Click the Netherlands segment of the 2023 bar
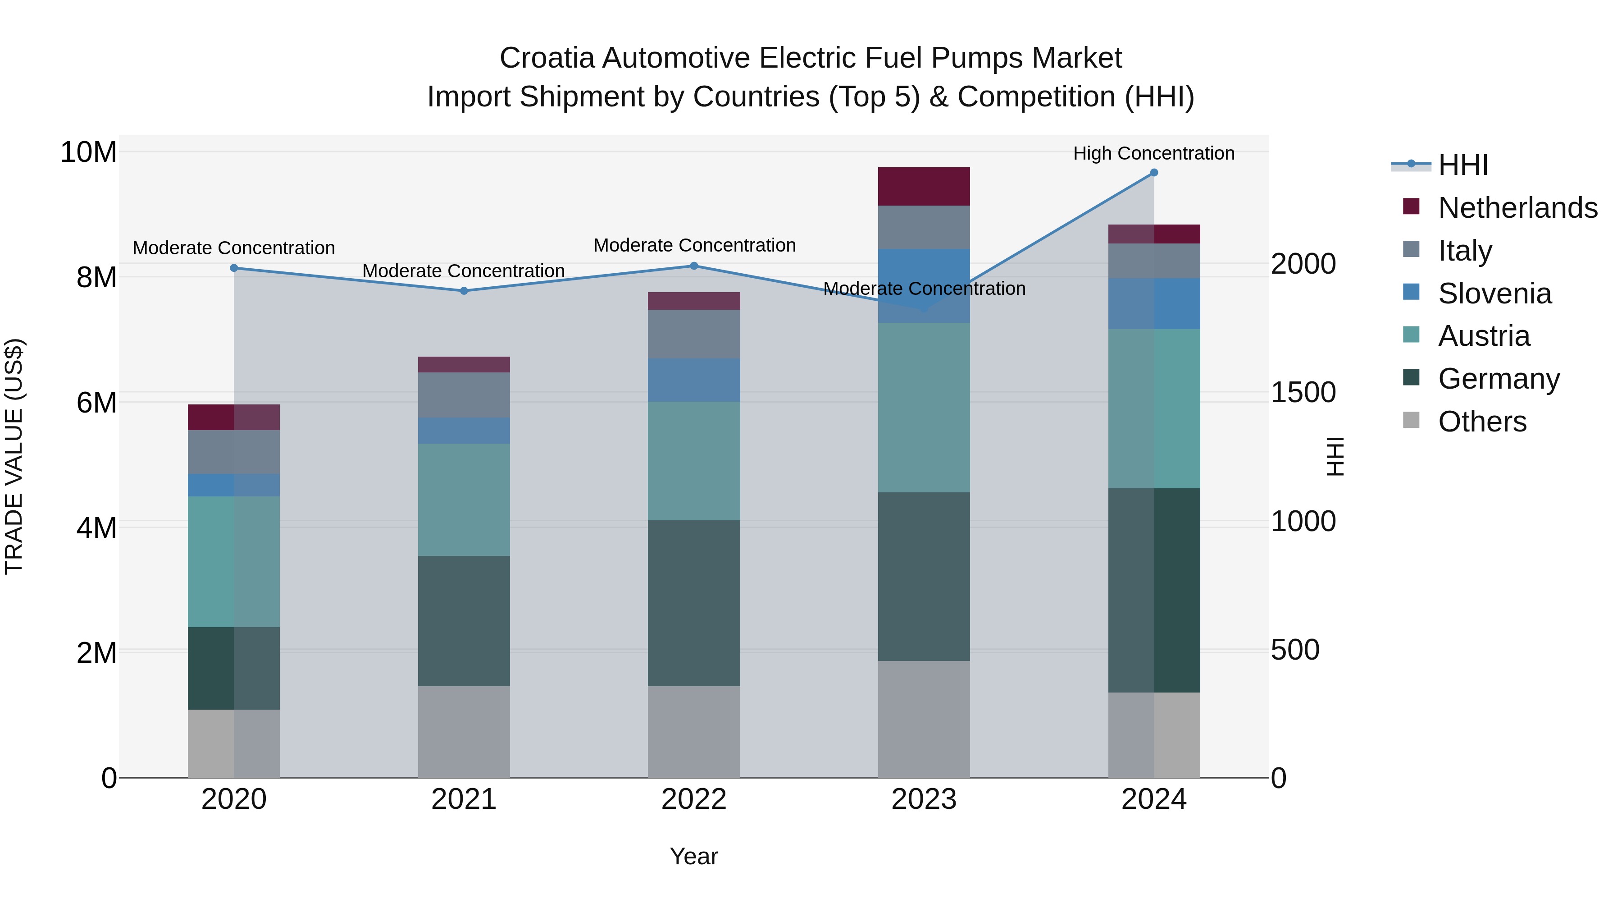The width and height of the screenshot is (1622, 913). coord(924,187)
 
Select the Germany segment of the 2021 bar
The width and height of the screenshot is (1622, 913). coord(464,621)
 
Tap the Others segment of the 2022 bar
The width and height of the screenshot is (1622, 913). coord(694,732)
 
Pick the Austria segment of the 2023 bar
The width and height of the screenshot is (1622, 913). coord(924,408)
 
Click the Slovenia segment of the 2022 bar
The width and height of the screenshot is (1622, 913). coord(694,380)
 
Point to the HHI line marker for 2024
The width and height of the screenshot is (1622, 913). coord(1153,173)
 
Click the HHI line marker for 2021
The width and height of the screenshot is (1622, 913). coord(464,291)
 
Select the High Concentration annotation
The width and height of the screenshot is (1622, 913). coord(1153,154)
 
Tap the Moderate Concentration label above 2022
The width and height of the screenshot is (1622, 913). coord(694,246)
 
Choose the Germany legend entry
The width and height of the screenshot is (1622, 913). coord(1499,379)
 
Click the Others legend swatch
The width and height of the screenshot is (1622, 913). coord(1411,420)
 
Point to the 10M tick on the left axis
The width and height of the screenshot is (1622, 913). coord(88,152)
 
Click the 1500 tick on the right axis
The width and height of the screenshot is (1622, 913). coord(1303,393)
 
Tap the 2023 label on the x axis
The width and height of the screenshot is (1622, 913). coord(924,799)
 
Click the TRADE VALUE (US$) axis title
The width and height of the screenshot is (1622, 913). coord(14,456)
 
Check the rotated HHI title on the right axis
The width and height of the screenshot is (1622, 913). coord(1334,456)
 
